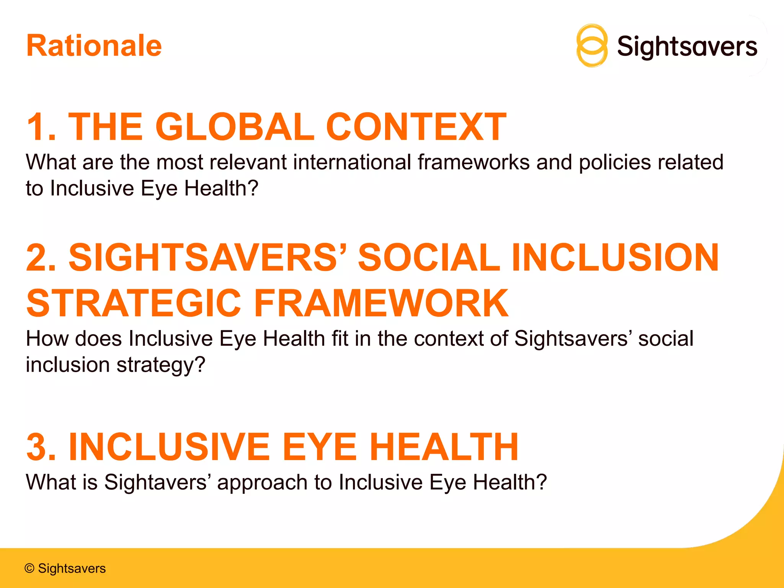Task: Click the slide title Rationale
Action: click(x=94, y=46)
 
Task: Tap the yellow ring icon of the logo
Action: click(x=592, y=46)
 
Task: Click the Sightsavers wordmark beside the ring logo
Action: click(x=687, y=47)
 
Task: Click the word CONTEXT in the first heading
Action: click(x=416, y=127)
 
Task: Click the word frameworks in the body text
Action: click(x=474, y=162)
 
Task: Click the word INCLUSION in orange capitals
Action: click(x=615, y=257)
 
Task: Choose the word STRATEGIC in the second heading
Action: click(x=134, y=303)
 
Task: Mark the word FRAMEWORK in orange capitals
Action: click(x=381, y=303)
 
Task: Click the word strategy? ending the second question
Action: click(x=161, y=365)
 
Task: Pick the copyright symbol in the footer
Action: click(x=29, y=568)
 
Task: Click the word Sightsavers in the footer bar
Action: click(x=72, y=568)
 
